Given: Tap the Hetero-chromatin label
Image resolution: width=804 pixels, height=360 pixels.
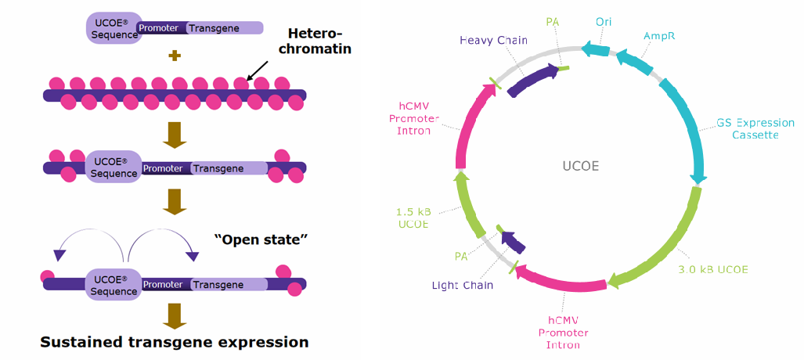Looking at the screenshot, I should [319, 41].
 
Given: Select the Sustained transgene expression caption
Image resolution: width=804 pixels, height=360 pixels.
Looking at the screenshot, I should [175, 342].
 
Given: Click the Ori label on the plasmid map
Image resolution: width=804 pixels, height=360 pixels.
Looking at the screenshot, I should [604, 21].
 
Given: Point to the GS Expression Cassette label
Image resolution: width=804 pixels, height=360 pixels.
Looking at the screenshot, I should [755, 129].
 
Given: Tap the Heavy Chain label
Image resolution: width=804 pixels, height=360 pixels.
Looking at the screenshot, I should [483, 40].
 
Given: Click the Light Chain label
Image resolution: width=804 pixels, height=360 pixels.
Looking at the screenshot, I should [463, 285].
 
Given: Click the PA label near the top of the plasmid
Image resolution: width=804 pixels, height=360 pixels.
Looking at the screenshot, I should [553, 21].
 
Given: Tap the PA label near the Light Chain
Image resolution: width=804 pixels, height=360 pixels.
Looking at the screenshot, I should [462, 255].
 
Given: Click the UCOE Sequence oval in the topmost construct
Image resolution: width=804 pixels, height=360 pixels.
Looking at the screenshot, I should [112, 27].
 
